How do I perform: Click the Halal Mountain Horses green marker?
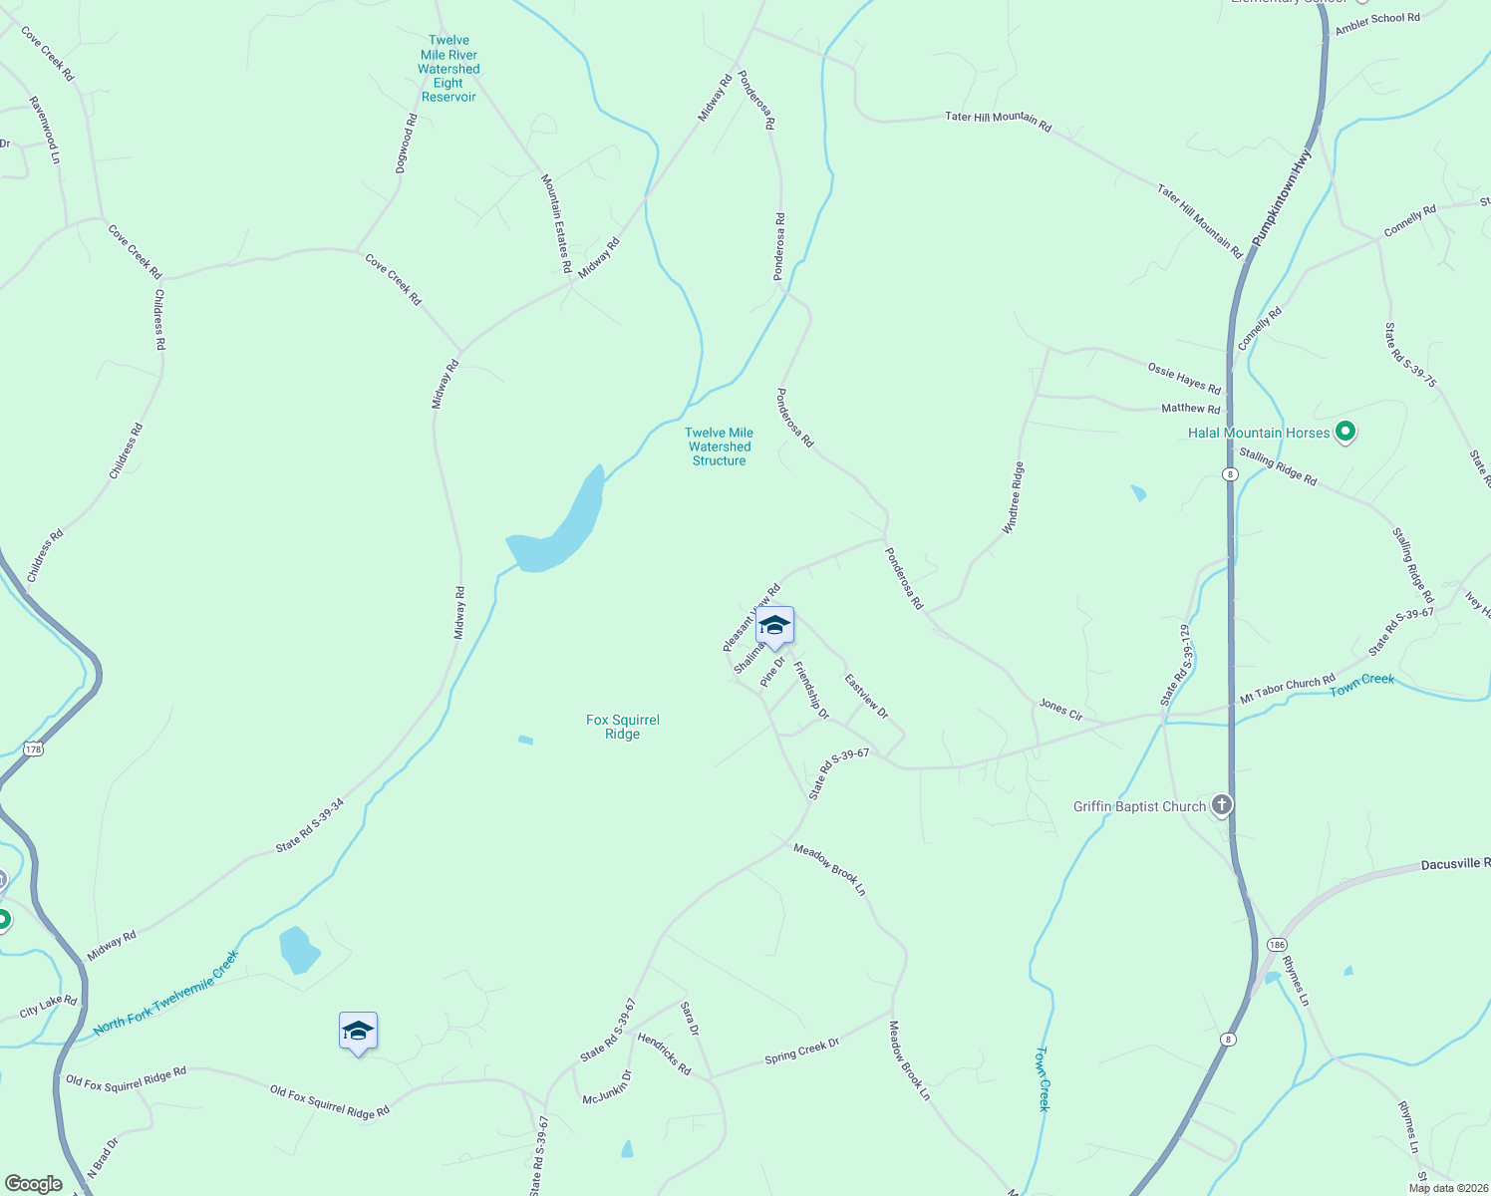pyautogui.click(x=1345, y=433)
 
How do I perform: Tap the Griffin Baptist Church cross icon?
pyautogui.click(x=1222, y=806)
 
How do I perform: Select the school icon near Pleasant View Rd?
pyautogui.click(x=774, y=627)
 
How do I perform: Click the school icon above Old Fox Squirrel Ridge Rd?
pyautogui.click(x=358, y=1033)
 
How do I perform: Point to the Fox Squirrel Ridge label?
pyautogui.click(x=623, y=727)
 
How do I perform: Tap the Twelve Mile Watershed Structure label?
pyautogui.click(x=719, y=447)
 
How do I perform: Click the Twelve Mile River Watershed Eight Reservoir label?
pyautogui.click(x=448, y=69)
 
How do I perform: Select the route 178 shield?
pyautogui.click(x=34, y=748)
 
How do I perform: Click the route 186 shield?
pyautogui.click(x=1277, y=944)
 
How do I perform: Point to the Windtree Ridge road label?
pyautogui.click(x=1013, y=498)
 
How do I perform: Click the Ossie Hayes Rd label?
pyautogui.click(x=1184, y=378)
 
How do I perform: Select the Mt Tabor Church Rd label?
pyautogui.click(x=1288, y=690)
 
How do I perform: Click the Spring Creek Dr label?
pyautogui.click(x=802, y=1050)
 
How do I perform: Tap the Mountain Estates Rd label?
pyautogui.click(x=556, y=223)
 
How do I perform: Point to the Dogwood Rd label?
pyautogui.click(x=407, y=144)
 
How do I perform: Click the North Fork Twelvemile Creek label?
pyautogui.click(x=166, y=993)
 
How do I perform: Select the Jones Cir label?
pyautogui.click(x=1060, y=710)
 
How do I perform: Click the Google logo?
pyautogui.click(x=34, y=1184)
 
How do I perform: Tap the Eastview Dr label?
pyautogui.click(x=866, y=696)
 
